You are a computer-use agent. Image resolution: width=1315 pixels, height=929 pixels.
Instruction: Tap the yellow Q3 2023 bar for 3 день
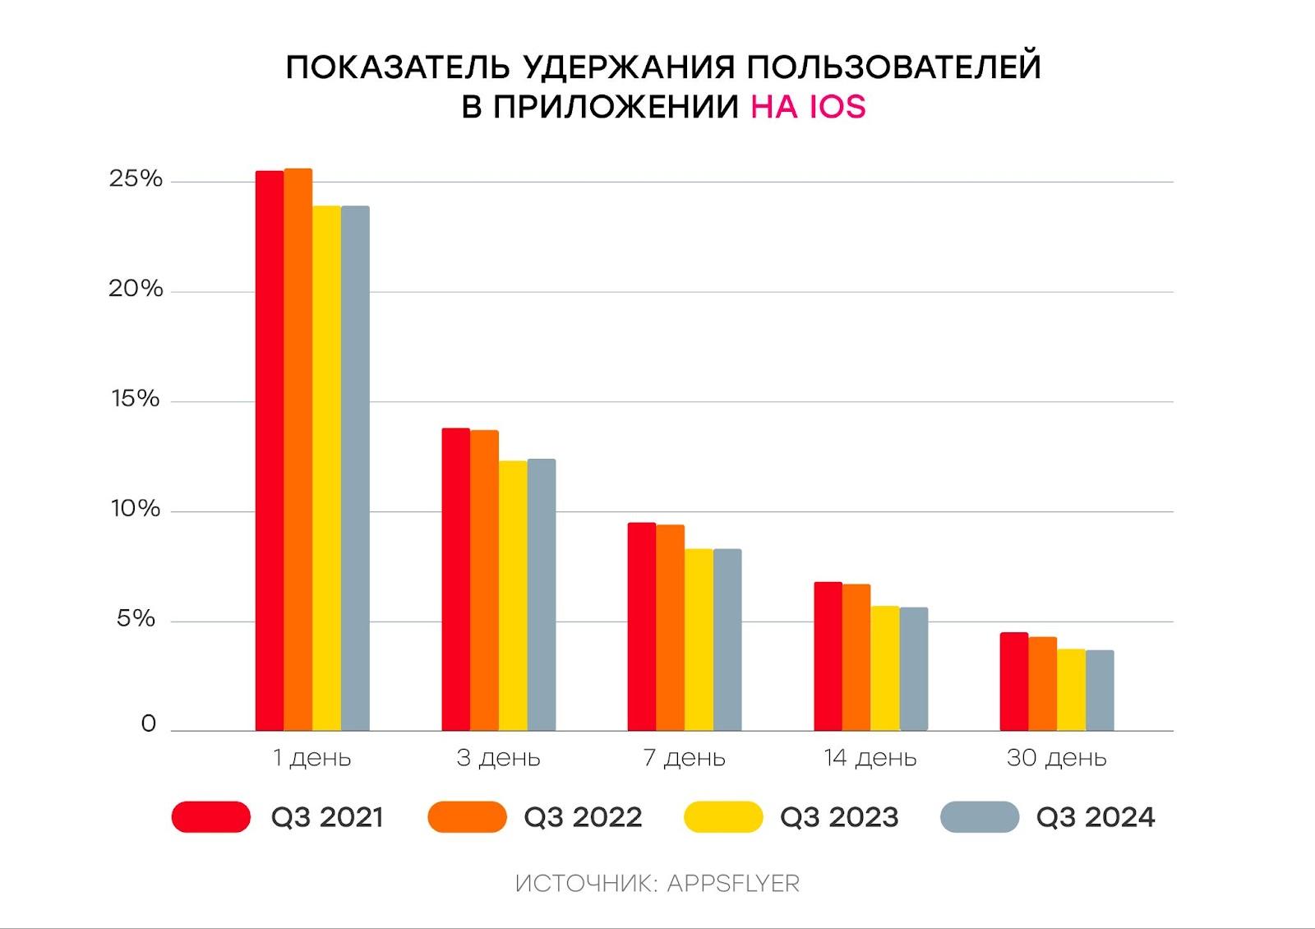click(513, 595)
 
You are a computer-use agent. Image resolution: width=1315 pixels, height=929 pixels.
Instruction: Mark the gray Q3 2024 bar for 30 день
click(1100, 691)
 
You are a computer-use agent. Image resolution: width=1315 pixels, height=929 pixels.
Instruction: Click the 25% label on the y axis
click(136, 179)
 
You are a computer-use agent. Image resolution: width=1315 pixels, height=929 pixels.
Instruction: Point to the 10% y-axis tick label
click(136, 509)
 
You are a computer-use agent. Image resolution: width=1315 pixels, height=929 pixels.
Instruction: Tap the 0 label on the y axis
click(149, 723)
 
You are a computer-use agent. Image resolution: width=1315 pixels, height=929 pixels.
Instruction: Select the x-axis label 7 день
click(685, 758)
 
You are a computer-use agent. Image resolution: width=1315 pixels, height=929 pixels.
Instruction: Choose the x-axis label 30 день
click(1056, 758)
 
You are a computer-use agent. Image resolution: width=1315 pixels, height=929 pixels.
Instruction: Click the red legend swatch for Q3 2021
click(211, 817)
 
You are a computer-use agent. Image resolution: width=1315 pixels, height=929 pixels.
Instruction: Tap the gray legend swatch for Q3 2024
click(980, 817)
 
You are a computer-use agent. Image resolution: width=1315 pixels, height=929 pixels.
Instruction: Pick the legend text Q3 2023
click(839, 817)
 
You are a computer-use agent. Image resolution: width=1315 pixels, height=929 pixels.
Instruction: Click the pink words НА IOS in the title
click(808, 107)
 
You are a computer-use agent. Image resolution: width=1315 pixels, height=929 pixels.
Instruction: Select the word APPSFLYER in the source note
click(733, 884)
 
